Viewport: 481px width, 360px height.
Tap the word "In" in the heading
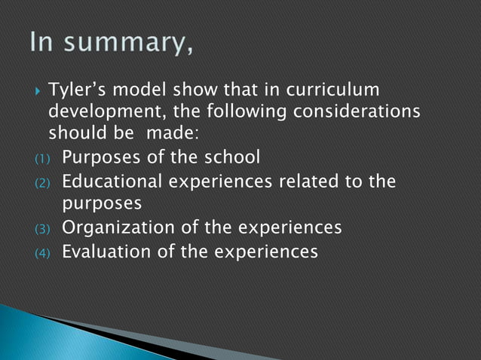click(46, 43)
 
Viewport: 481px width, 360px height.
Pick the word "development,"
click(100, 113)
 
